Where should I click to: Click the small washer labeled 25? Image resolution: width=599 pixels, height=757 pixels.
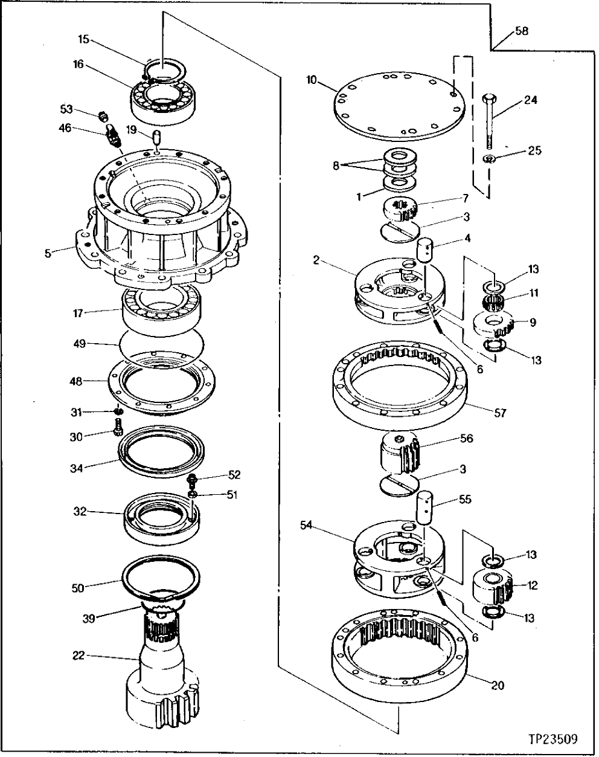click(490, 159)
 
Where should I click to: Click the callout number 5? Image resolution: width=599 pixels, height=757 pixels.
click(48, 252)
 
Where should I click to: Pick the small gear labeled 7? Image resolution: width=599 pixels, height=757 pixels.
click(399, 208)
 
